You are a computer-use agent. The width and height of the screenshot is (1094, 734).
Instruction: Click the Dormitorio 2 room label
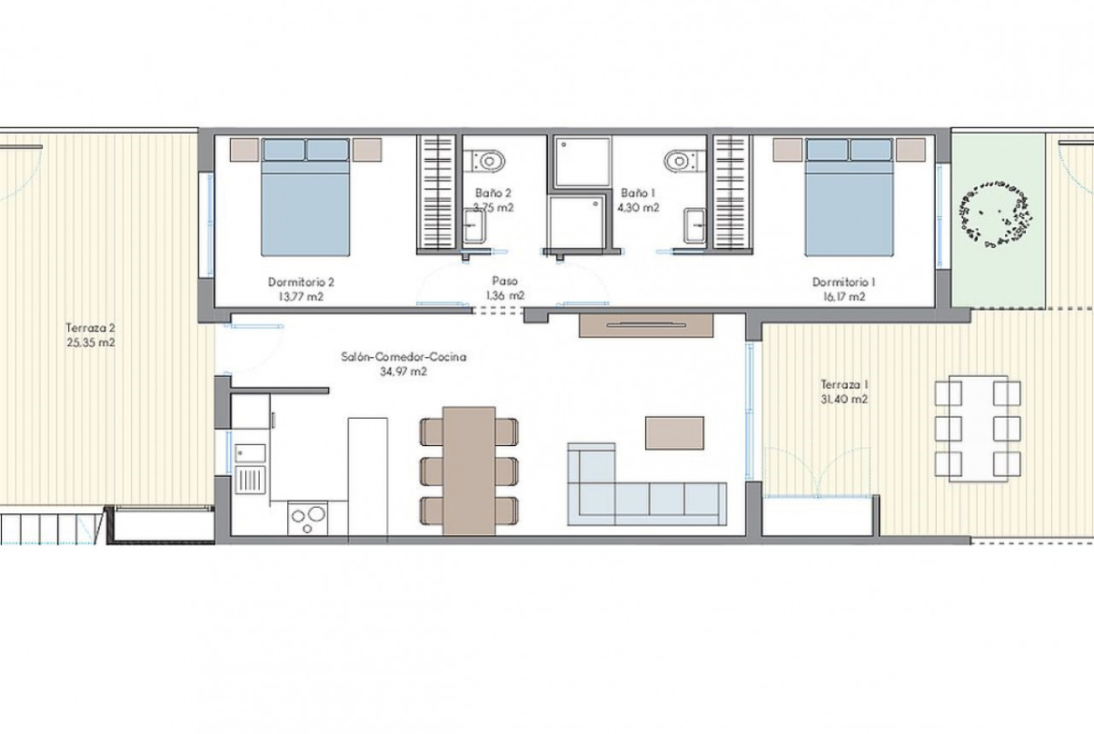pyautogui.click(x=301, y=282)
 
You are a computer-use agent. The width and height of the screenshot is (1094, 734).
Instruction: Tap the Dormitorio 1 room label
pyautogui.click(x=843, y=282)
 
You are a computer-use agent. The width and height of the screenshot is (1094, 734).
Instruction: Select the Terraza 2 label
pyautogui.click(x=91, y=328)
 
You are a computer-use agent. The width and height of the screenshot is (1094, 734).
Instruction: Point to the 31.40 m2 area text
pyautogui.click(x=844, y=400)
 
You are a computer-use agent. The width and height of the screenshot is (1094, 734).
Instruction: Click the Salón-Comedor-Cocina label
pyautogui.click(x=403, y=357)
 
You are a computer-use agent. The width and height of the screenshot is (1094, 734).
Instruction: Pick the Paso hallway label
pyautogui.click(x=504, y=281)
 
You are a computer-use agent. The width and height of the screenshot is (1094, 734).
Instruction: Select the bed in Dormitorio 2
pyautogui.click(x=305, y=196)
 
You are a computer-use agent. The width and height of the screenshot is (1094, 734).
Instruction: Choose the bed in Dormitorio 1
pyautogui.click(x=849, y=196)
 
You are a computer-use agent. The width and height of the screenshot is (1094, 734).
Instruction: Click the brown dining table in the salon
pyautogui.click(x=469, y=471)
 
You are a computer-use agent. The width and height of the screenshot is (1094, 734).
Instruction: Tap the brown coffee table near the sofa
pyautogui.click(x=674, y=433)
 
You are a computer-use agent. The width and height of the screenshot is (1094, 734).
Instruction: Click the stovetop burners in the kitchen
pyautogui.click(x=309, y=518)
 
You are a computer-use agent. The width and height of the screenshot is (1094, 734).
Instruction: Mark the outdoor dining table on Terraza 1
pyautogui.click(x=977, y=427)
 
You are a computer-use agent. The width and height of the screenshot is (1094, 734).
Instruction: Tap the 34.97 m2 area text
pyautogui.click(x=403, y=372)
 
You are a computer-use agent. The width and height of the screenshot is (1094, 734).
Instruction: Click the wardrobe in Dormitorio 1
pyautogui.click(x=730, y=194)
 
